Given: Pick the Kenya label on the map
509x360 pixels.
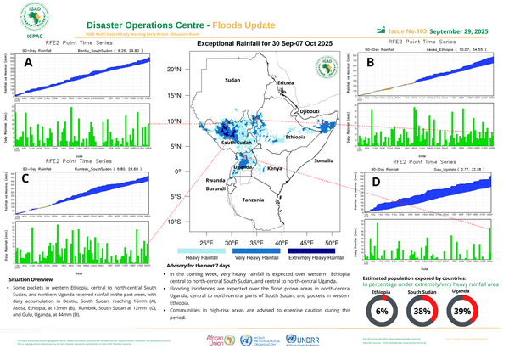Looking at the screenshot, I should click(275, 169).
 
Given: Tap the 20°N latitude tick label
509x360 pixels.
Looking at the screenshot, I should click(176, 69).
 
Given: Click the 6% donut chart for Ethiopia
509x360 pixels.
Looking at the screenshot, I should click(381, 312).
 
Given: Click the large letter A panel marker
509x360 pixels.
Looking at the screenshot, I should click(29, 63).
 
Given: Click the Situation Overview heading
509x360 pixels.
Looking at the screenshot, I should click(33, 278).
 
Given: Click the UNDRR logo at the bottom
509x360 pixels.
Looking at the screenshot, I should click(299, 340).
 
